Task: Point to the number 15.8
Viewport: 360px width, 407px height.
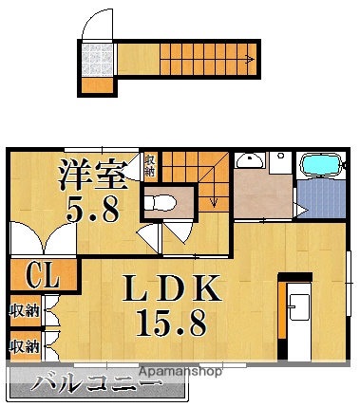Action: [171, 324]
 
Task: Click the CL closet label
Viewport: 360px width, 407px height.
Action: [42, 277]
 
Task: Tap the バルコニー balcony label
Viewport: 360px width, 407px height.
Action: [96, 385]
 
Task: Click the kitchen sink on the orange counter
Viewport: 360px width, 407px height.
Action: [296, 306]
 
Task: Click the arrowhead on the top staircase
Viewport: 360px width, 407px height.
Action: [250, 60]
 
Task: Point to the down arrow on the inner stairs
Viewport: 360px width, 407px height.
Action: [215, 201]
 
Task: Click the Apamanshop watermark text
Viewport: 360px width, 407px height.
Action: [180, 372]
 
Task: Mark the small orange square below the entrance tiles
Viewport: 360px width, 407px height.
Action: [95, 85]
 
